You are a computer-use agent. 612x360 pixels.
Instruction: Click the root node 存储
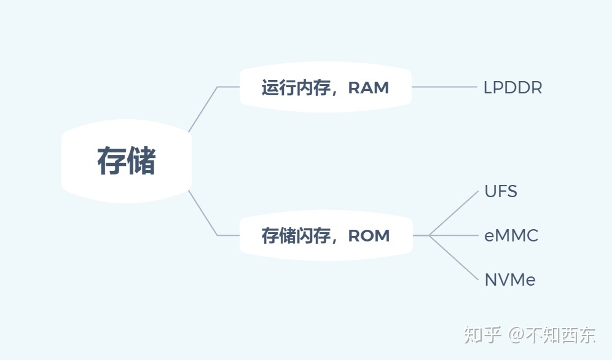(x=127, y=161)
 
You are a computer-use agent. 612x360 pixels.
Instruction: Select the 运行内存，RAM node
(x=325, y=87)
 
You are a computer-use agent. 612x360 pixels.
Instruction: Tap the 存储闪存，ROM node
(x=326, y=235)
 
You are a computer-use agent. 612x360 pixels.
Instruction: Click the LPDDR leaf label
(x=512, y=87)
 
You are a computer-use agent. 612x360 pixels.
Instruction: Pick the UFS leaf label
(x=501, y=191)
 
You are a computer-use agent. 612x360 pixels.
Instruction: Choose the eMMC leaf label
(x=511, y=235)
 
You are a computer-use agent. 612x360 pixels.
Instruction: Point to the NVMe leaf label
(x=510, y=280)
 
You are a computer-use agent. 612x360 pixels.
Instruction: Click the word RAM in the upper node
(x=369, y=87)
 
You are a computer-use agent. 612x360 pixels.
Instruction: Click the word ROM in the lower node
(x=369, y=235)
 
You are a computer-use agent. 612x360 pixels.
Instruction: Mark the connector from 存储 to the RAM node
(x=203, y=109)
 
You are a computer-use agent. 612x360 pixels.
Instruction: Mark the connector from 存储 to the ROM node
(x=203, y=213)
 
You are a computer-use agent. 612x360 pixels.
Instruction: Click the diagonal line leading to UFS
(x=455, y=213)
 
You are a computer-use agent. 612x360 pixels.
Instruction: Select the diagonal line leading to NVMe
(x=455, y=258)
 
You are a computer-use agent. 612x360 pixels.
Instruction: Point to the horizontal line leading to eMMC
(x=455, y=235)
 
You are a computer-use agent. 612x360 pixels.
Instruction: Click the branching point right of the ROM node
(x=430, y=235)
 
